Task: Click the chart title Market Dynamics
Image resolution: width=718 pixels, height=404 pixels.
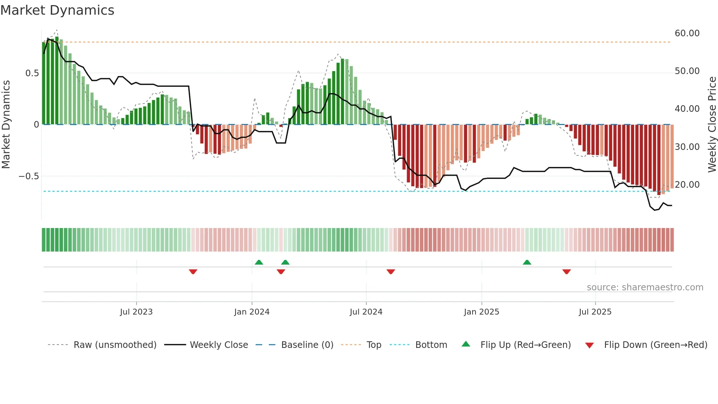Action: (57, 10)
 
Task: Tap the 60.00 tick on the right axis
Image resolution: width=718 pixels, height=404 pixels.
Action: (687, 33)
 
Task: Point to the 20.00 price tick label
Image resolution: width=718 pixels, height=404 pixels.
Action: (687, 185)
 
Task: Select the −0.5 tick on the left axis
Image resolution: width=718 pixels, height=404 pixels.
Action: (29, 176)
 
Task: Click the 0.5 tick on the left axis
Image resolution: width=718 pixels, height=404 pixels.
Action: (32, 73)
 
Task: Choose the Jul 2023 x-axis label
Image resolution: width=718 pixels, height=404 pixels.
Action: (136, 312)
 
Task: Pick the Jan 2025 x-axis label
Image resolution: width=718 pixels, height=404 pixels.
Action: (481, 312)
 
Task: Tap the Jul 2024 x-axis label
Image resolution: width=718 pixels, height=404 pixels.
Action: (366, 312)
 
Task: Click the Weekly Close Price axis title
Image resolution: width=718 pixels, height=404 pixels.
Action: (712, 124)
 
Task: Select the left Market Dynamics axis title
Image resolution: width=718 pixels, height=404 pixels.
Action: (6, 124)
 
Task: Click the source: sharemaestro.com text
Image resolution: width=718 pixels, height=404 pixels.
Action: (645, 287)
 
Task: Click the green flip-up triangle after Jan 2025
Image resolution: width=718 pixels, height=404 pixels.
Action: (527, 262)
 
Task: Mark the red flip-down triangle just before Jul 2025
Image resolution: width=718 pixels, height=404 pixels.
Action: (566, 272)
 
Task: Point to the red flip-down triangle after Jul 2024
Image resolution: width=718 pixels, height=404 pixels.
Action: (391, 272)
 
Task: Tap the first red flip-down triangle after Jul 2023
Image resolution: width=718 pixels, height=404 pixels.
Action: (193, 272)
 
